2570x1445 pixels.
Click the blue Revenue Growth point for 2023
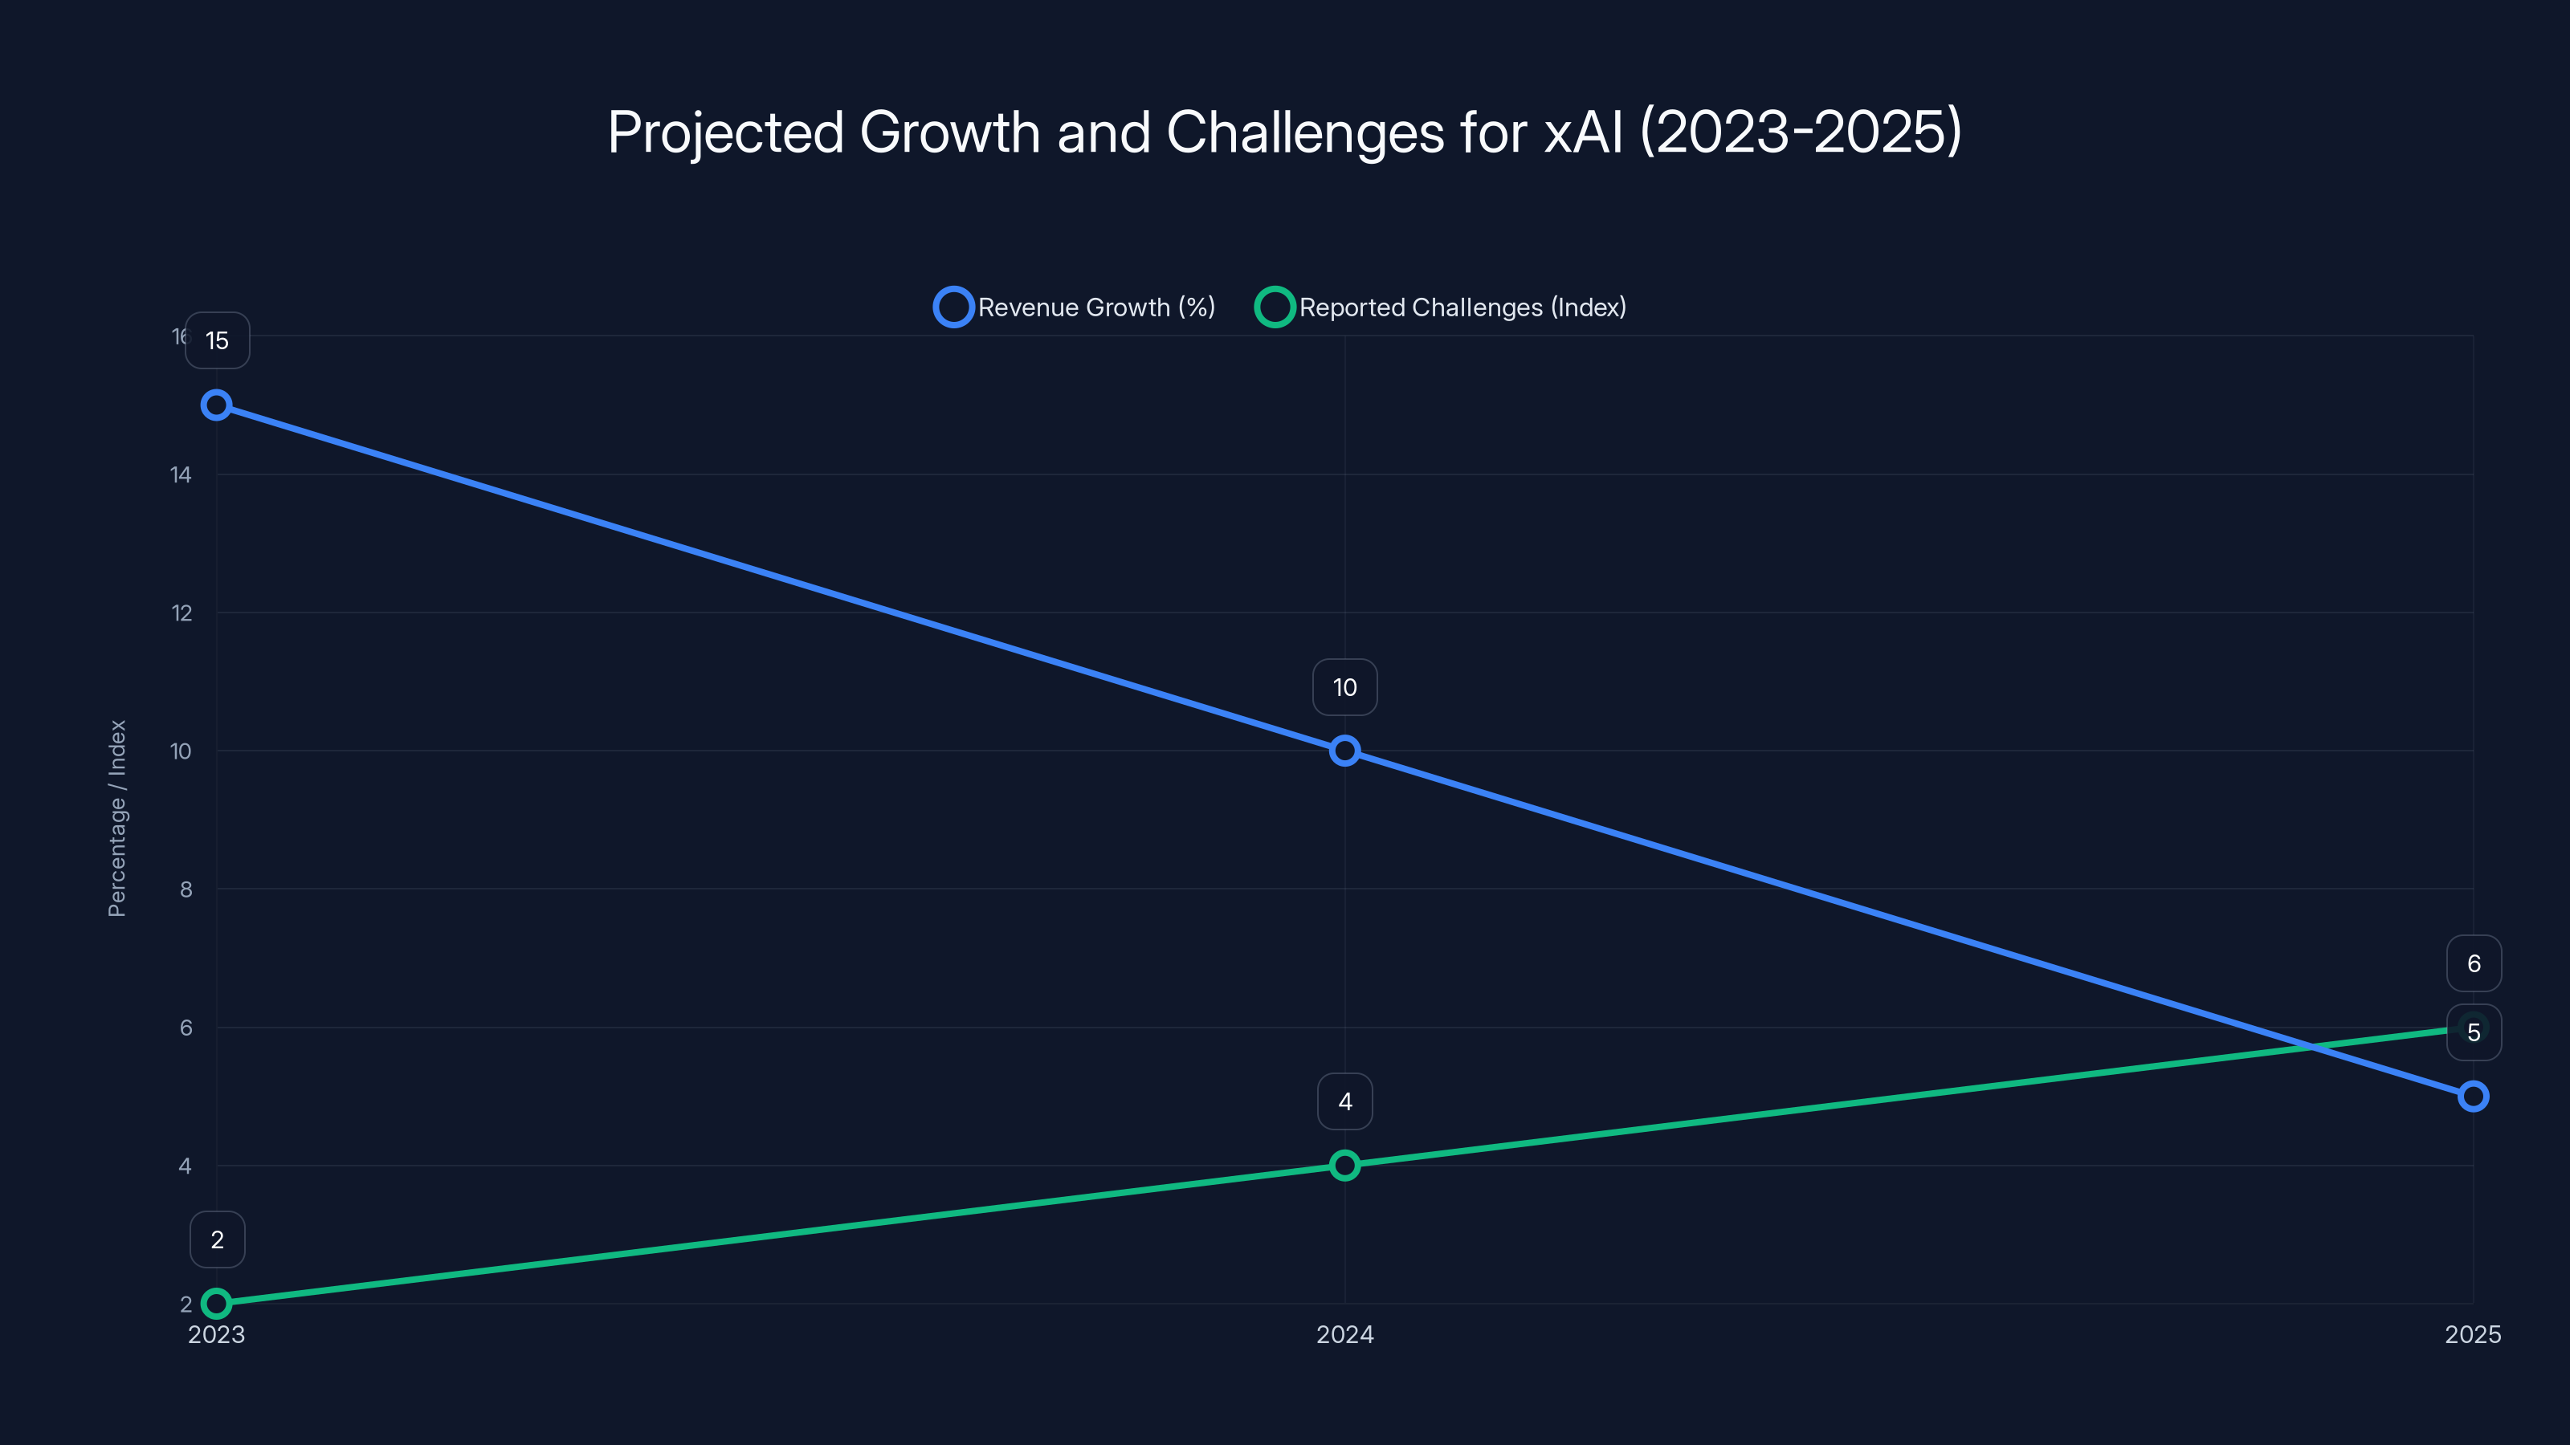point(217,405)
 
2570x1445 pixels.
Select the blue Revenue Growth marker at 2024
point(1345,751)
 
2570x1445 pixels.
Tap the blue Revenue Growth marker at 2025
point(2474,1097)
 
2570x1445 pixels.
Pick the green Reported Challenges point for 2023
point(217,1304)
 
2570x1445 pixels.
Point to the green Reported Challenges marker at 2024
point(1345,1165)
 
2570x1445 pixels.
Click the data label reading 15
point(218,341)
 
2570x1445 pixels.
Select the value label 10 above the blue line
point(1345,687)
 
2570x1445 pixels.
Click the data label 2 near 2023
point(218,1239)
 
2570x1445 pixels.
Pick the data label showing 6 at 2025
point(2474,963)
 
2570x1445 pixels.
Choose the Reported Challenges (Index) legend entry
point(1442,307)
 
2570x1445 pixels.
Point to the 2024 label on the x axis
point(1345,1334)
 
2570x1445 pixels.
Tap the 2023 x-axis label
point(217,1334)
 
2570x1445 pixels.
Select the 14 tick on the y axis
point(181,474)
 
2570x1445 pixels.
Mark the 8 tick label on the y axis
point(186,889)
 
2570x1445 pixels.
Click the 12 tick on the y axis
point(182,613)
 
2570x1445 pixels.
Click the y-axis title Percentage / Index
point(116,818)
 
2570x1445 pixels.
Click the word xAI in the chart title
point(1583,132)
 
